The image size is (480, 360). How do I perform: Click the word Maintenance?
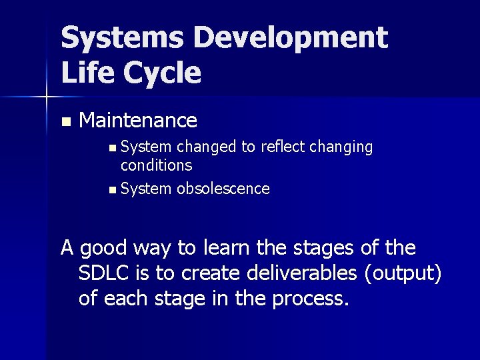click(x=138, y=121)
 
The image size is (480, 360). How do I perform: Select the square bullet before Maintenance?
click(x=65, y=122)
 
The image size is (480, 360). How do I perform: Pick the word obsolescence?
click(x=223, y=189)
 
